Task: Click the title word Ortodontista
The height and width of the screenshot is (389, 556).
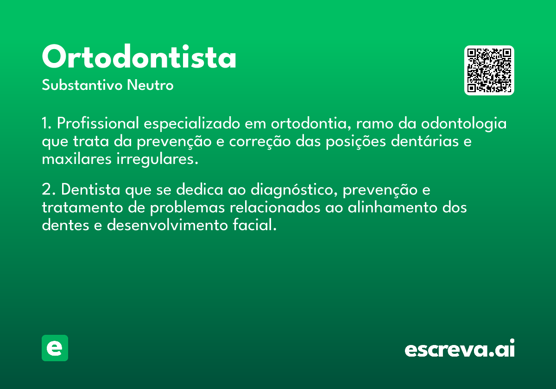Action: pyautogui.click(x=139, y=56)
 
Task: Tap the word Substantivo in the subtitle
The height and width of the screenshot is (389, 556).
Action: pyautogui.click(x=82, y=85)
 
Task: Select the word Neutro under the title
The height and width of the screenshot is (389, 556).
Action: pyautogui.click(x=150, y=85)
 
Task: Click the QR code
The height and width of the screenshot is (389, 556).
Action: pyautogui.click(x=489, y=70)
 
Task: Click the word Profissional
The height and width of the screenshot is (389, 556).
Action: pyautogui.click(x=98, y=123)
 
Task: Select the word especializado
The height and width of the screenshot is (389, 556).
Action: pyautogui.click(x=192, y=124)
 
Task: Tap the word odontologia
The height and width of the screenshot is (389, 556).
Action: pyautogui.click(x=464, y=124)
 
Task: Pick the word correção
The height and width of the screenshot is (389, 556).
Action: pyautogui.click(x=259, y=142)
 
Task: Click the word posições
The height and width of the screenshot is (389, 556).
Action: pyautogui.click(x=356, y=142)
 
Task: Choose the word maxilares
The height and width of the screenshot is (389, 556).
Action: pyautogui.click(x=76, y=159)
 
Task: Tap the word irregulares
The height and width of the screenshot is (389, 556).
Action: pyautogui.click(x=158, y=159)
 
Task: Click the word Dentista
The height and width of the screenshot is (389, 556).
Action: pyautogui.click(x=91, y=189)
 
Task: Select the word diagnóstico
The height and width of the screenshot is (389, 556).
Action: pyautogui.click(x=294, y=190)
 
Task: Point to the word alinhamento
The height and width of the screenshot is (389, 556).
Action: pyautogui.click(x=392, y=207)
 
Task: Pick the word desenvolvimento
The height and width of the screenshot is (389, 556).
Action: pyautogui.click(x=167, y=225)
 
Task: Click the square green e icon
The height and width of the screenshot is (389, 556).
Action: pyautogui.click(x=55, y=348)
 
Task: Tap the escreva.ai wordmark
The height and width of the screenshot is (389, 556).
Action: pyautogui.click(x=460, y=348)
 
